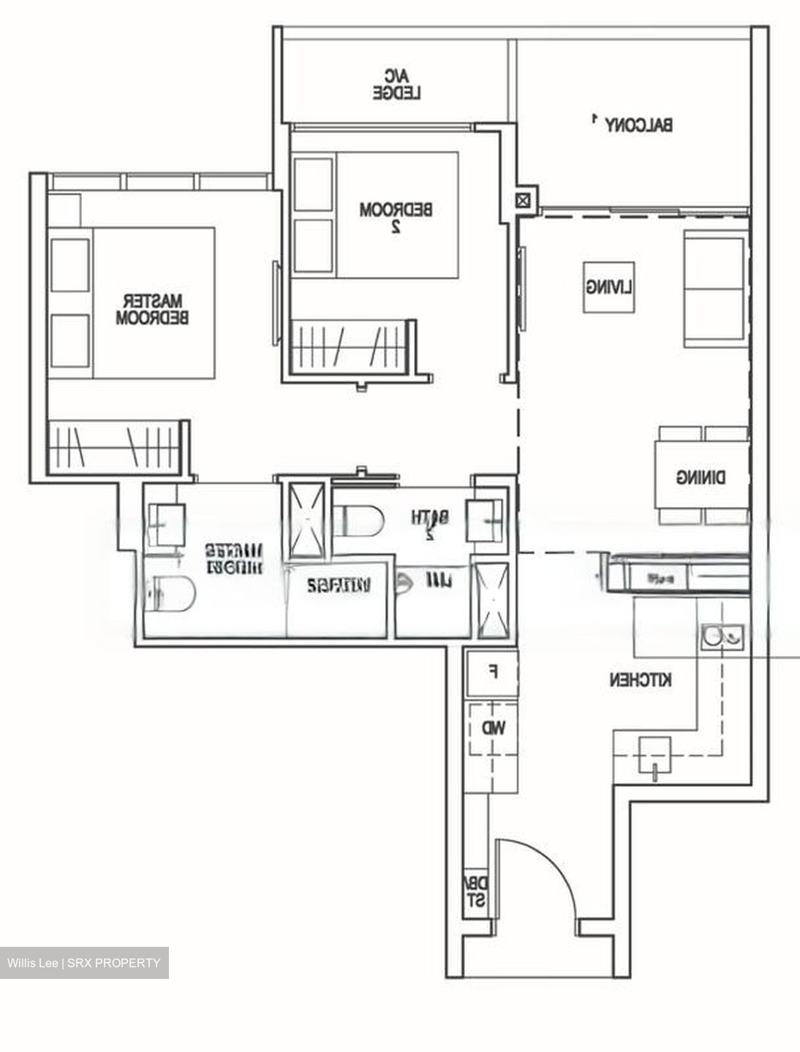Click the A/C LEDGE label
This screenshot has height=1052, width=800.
point(397,84)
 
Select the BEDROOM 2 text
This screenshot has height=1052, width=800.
point(396,217)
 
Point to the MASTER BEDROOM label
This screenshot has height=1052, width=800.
point(153,309)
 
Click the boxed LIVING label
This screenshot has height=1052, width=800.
point(608,287)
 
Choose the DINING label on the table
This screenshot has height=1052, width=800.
point(701,477)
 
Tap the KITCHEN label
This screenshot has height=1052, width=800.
point(641,680)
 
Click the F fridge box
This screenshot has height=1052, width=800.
point(492,671)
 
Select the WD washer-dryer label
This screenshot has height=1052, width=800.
point(492,728)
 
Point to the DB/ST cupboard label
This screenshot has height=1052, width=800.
point(475,892)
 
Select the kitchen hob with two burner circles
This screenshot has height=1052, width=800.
point(722,636)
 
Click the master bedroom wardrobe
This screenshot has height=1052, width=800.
point(113,446)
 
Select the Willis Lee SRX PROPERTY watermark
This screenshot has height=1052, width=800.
point(84,963)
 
